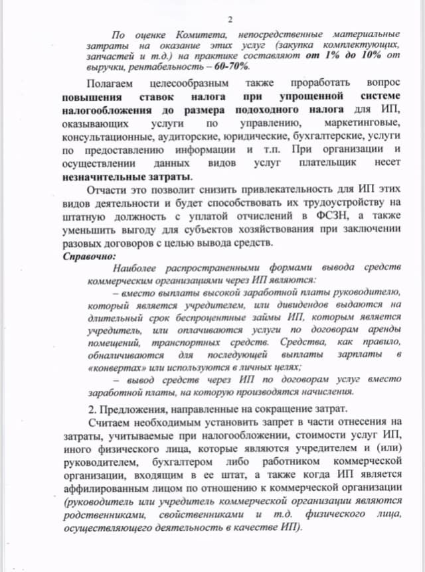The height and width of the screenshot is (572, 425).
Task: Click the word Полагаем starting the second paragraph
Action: coord(110,84)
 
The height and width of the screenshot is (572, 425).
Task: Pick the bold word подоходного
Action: coord(268,110)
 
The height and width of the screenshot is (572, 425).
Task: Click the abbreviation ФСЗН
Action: coord(329,216)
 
